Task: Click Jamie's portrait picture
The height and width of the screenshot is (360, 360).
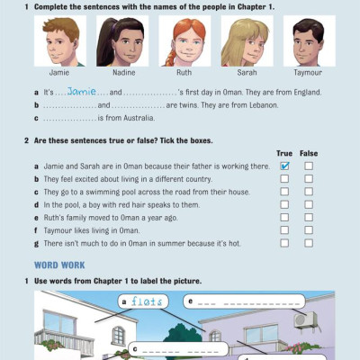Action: coord(60,41)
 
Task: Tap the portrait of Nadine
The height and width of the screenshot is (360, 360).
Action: coord(122,41)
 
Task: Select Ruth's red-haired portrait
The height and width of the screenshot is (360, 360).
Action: coord(184,41)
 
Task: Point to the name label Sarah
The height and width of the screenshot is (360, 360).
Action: coord(247,73)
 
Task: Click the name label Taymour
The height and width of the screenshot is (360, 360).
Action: coord(308,73)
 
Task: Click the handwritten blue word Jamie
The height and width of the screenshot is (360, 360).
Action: coord(82,91)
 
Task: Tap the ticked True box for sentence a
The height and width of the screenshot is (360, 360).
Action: coord(284,166)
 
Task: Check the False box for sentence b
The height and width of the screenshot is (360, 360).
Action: coord(309,179)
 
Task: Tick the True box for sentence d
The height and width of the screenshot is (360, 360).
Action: coord(284,204)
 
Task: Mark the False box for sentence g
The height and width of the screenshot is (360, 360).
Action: coord(309,243)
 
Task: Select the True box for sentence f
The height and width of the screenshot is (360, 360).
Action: coord(284,230)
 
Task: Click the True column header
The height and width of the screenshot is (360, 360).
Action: coord(284,153)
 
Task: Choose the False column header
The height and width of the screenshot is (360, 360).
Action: coord(309,153)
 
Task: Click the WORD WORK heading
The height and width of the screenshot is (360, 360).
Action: coord(59,265)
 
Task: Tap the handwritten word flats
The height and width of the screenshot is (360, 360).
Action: coord(147,301)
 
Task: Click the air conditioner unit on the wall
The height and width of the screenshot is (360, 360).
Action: coord(305,319)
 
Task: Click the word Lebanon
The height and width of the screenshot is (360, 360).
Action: coord(264,105)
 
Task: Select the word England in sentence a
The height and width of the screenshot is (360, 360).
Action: coord(307,92)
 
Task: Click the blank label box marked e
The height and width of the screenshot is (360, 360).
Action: coord(244,301)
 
